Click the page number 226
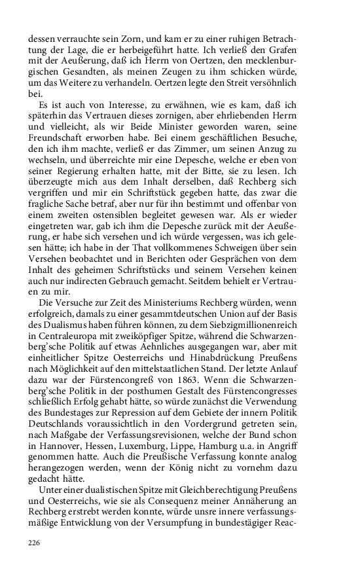34,542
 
